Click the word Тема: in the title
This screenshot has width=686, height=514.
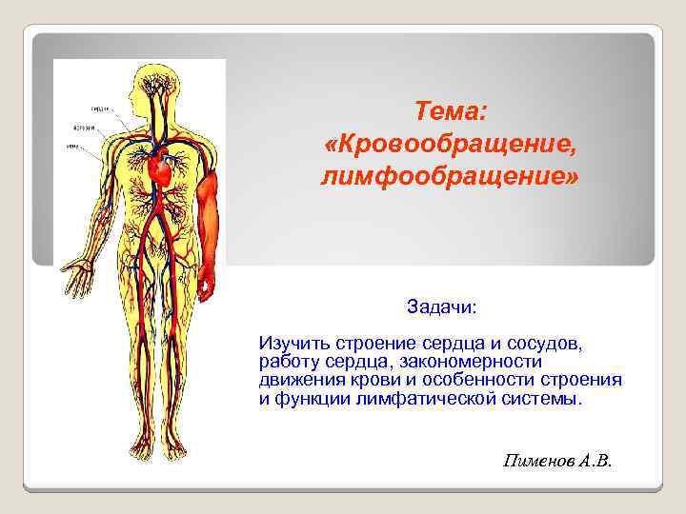pyautogui.click(x=451, y=112)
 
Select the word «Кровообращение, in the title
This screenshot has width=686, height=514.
pyautogui.click(x=451, y=145)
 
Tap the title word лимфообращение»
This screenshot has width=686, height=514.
pyautogui.click(x=451, y=177)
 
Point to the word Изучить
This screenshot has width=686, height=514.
pyautogui.click(x=290, y=341)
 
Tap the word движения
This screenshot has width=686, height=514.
pyautogui.click(x=298, y=380)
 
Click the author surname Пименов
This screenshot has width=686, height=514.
pyautogui.click(x=536, y=462)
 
